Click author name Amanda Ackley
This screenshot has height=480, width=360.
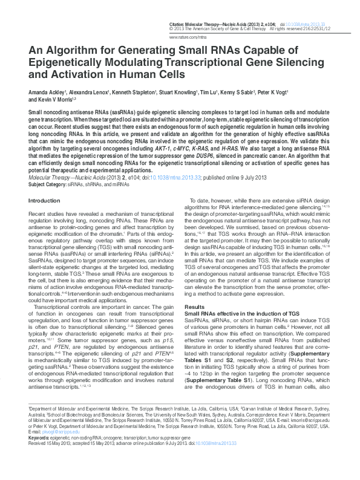point(46,92)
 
